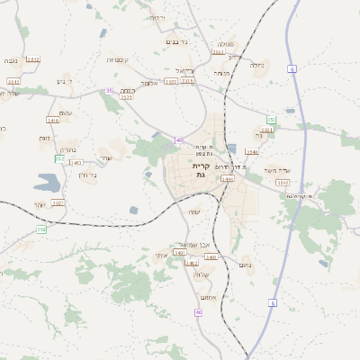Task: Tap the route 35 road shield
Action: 109,90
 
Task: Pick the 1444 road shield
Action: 227,179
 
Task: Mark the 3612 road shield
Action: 33,59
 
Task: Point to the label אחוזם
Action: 206,297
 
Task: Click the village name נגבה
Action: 10,60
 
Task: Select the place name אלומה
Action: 150,83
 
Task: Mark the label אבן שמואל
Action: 193,244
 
